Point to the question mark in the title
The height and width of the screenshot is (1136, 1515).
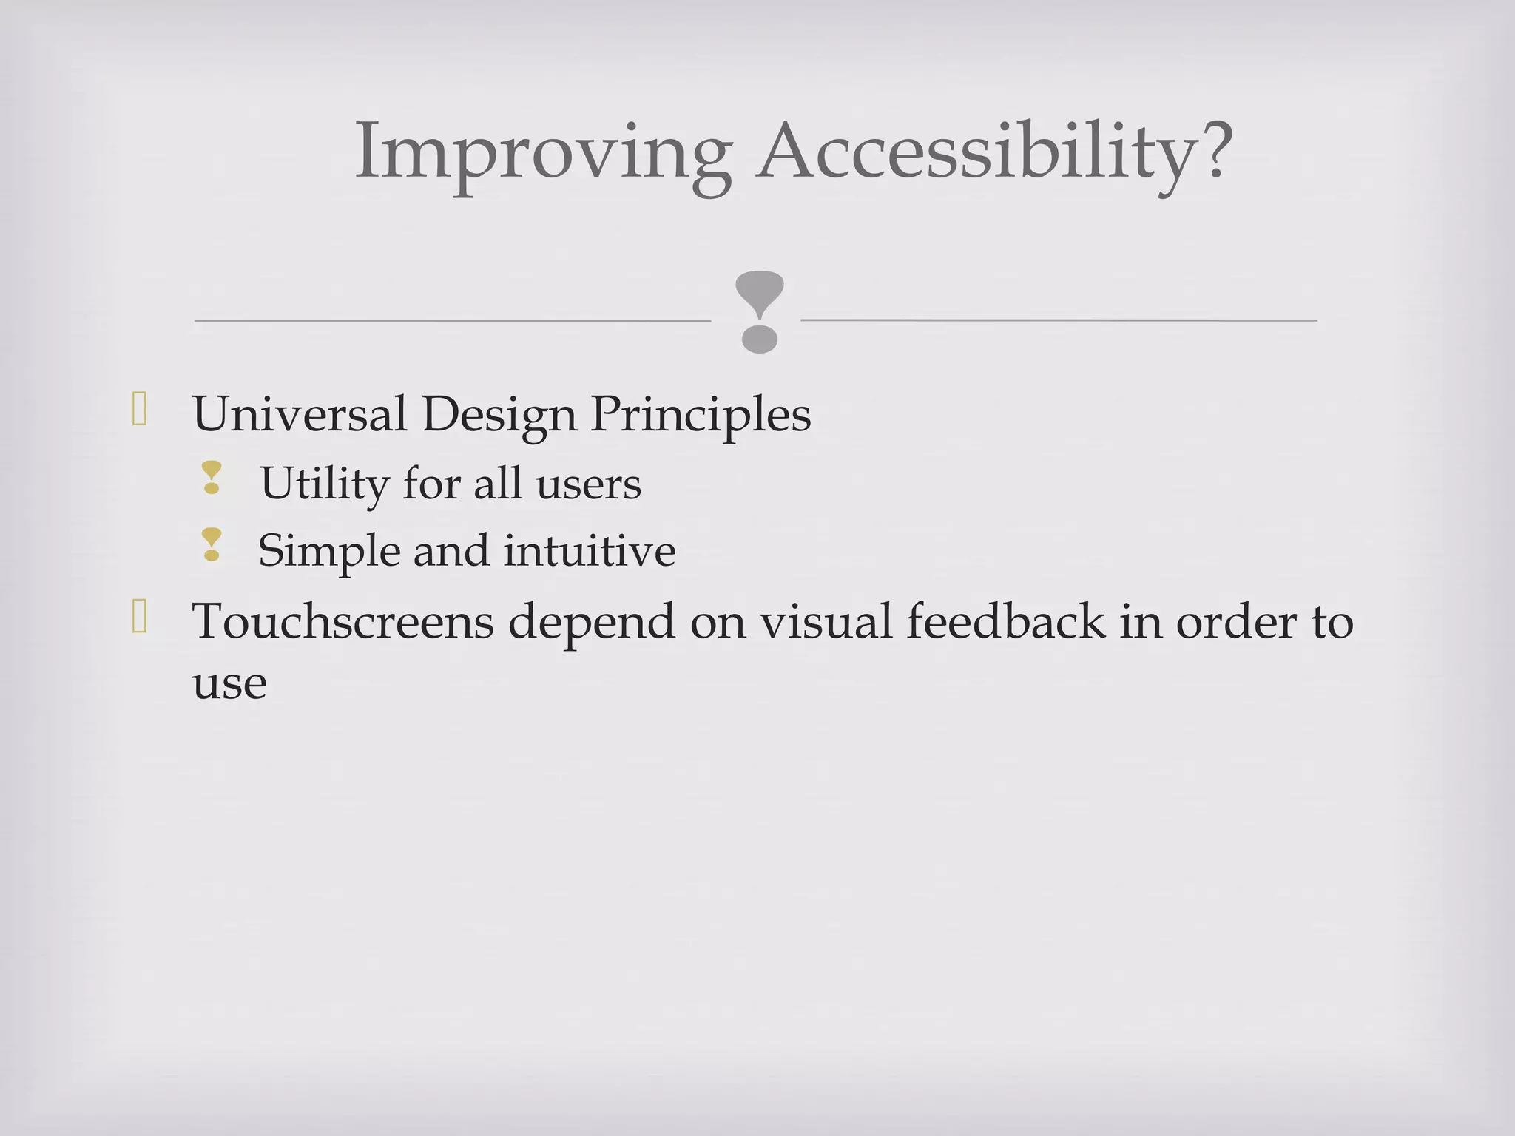[x=1210, y=148]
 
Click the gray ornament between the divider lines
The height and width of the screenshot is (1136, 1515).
[x=759, y=311]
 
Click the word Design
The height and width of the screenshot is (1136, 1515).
[x=499, y=416]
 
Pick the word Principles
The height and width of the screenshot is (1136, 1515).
[x=700, y=416]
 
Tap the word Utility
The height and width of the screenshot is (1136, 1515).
[x=324, y=485]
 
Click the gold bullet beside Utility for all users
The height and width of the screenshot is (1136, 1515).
[x=212, y=478]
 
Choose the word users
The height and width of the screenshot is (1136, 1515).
[x=588, y=484]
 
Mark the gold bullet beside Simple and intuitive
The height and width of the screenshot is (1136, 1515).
[x=212, y=544]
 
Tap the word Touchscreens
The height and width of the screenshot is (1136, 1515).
[x=343, y=621]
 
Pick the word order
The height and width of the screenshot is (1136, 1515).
[x=1235, y=621]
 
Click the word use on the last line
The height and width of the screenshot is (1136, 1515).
[x=229, y=683]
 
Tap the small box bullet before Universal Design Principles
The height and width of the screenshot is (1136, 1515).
[x=139, y=409]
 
